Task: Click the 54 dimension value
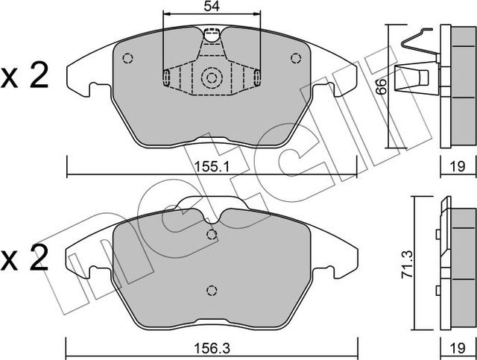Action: [x=212, y=6]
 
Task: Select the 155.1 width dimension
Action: [x=212, y=166]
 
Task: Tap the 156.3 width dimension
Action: [x=212, y=347]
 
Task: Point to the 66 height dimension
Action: [x=382, y=86]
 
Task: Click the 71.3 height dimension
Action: [x=407, y=264]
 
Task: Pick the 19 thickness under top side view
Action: [x=458, y=166]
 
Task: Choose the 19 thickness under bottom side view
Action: [x=458, y=347]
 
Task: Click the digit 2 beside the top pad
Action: [x=40, y=75]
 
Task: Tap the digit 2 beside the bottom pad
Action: [x=40, y=258]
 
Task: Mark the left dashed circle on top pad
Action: [x=127, y=58]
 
